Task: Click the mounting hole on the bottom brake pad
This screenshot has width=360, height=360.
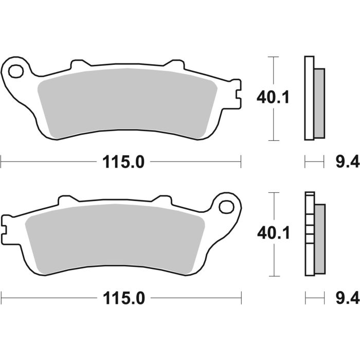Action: pyautogui.click(x=225, y=206)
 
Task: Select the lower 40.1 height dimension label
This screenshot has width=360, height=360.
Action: pyautogui.click(x=273, y=233)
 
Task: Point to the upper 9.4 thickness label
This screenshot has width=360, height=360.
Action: pyautogui.click(x=344, y=163)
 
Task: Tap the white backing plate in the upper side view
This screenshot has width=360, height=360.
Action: pyautogui.click(x=309, y=98)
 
